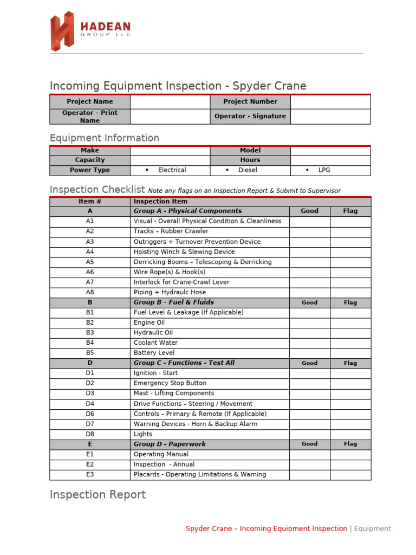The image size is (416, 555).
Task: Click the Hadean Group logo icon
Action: point(62,31)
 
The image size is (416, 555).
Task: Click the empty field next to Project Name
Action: point(170,102)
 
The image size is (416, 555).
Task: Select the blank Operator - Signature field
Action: point(330,117)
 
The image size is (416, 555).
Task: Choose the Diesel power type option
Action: point(247,170)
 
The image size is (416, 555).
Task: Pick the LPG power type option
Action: point(324,170)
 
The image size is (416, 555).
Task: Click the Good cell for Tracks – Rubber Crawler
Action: point(309,231)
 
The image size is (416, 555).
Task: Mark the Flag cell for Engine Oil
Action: point(350,322)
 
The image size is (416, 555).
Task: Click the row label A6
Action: point(90,272)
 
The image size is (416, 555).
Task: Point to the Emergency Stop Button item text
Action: point(170,383)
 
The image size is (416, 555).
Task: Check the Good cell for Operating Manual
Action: point(309,454)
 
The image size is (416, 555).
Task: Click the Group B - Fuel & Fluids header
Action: point(173,302)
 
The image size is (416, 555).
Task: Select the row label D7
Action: point(90,424)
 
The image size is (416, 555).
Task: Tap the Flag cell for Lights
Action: point(350,434)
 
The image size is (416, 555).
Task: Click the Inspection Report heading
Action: point(97,495)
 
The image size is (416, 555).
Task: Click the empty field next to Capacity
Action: point(170,160)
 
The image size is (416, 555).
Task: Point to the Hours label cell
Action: point(250,160)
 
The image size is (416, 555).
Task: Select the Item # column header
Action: point(90,202)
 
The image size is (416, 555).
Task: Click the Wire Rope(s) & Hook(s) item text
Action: point(170,272)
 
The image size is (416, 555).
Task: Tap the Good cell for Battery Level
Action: point(309,353)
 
